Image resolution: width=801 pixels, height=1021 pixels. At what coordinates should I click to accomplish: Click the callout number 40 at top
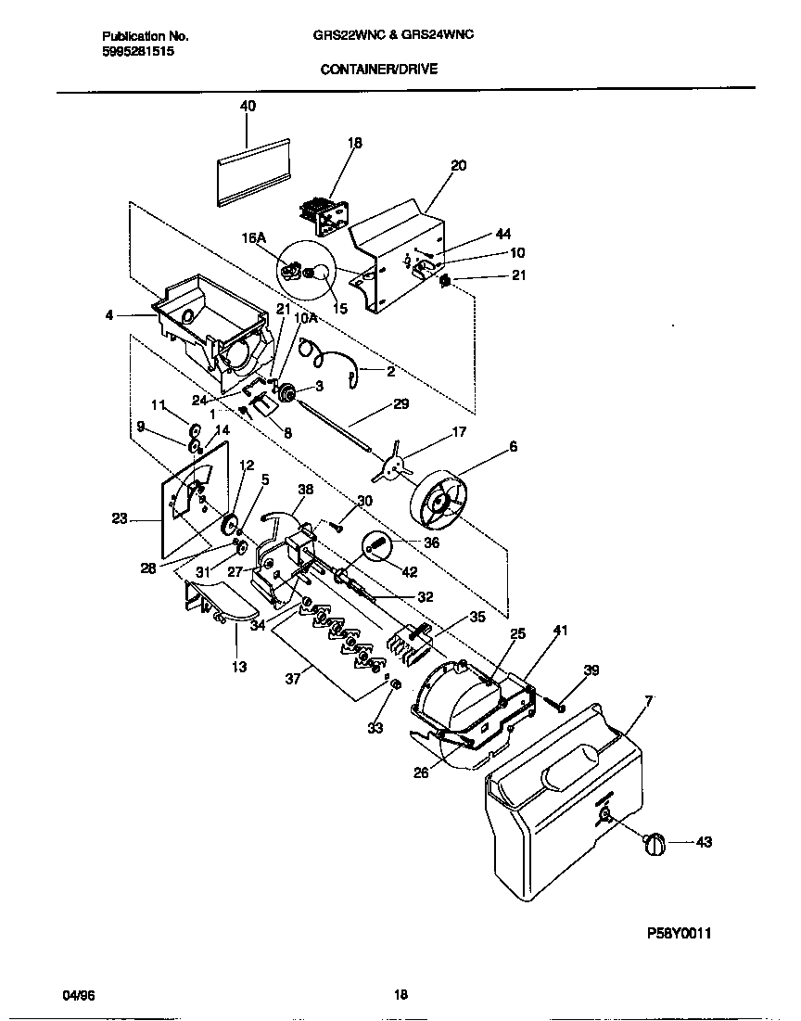click(x=248, y=107)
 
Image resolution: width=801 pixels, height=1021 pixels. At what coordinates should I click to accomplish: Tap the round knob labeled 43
click(x=655, y=843)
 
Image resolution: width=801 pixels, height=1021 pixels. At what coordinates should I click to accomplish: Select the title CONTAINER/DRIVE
click(x=378, y=69)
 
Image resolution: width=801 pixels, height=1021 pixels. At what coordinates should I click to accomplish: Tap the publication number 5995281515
click(x=137, y=52)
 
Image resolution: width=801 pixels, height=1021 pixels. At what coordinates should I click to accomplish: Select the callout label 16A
click(x=254, y=238)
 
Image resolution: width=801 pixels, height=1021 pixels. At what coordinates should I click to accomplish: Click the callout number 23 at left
click(x=120, y=519)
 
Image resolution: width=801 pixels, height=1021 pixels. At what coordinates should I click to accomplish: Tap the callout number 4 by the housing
click(x=110, y=315)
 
